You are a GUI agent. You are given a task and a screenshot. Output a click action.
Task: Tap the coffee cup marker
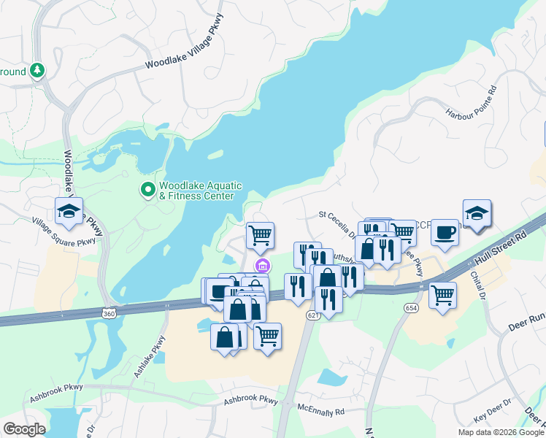[445, 233]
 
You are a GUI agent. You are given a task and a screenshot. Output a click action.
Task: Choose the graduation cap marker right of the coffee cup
[477, 214]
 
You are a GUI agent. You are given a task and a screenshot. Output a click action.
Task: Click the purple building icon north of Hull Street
[261, 264]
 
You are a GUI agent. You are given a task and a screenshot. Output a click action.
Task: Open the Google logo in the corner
[24, 429]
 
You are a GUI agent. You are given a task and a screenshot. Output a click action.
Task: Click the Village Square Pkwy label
[64, 232]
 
